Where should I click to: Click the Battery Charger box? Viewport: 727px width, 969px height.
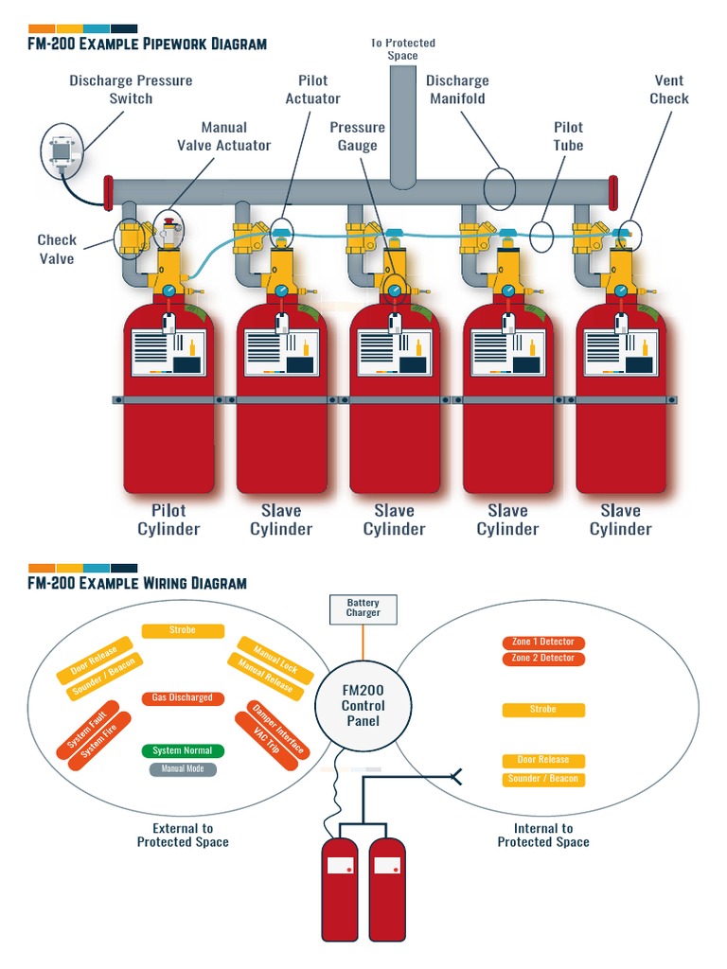(x=363, y=608)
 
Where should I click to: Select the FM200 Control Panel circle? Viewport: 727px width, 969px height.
(x=363, y=704)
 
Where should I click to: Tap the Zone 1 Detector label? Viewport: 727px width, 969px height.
(x=542, y=642)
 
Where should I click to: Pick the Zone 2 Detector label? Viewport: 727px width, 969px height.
(x=542, y=658)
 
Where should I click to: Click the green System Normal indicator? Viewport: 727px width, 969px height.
(x=183, y=750)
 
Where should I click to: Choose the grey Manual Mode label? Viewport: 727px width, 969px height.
(x=183, y=769)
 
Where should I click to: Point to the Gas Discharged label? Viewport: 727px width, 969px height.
(x=183, y=698)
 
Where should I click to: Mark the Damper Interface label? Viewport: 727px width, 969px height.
(x=278, y=728)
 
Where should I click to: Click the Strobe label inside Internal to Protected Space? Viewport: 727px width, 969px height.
(x=542, y=710)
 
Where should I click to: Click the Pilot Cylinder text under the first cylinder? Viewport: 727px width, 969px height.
(x=168, y=520)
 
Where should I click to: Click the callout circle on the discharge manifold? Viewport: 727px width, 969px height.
(x=499, y=188)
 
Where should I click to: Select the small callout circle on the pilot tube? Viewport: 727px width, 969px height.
(x=541, y=236)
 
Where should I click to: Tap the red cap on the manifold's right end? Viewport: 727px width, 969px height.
(x=613, y=192)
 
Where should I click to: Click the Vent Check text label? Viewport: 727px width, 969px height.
(x=668, y=89)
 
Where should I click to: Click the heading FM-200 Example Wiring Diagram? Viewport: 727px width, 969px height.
(x=137, y=583)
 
